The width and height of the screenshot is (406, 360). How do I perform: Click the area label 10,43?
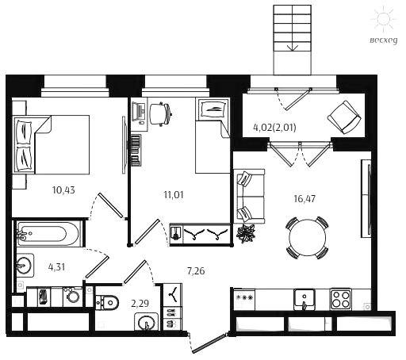point(63,190)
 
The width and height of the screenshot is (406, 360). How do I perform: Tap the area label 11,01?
point(174,195)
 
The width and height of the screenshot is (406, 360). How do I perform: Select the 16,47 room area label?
point(304,198)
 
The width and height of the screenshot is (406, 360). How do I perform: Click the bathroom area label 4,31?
point(56,267)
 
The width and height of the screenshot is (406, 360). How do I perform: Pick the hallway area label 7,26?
point(196,271)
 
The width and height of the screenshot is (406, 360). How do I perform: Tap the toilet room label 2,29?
point(140,303)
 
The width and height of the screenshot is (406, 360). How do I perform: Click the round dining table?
point(308,237)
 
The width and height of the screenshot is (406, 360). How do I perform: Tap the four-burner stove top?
point(341,299)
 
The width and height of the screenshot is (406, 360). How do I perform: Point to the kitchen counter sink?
point(304,300)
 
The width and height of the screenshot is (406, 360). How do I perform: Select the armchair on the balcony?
point(344,117)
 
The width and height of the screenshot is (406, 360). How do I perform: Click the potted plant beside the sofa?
point(246,232)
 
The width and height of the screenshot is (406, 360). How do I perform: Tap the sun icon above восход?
point(384,19)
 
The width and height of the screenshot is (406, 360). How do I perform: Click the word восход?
point(384,40)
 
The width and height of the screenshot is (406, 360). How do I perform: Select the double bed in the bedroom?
point(52,144)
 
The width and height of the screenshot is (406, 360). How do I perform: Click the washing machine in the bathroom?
point(72,297)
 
